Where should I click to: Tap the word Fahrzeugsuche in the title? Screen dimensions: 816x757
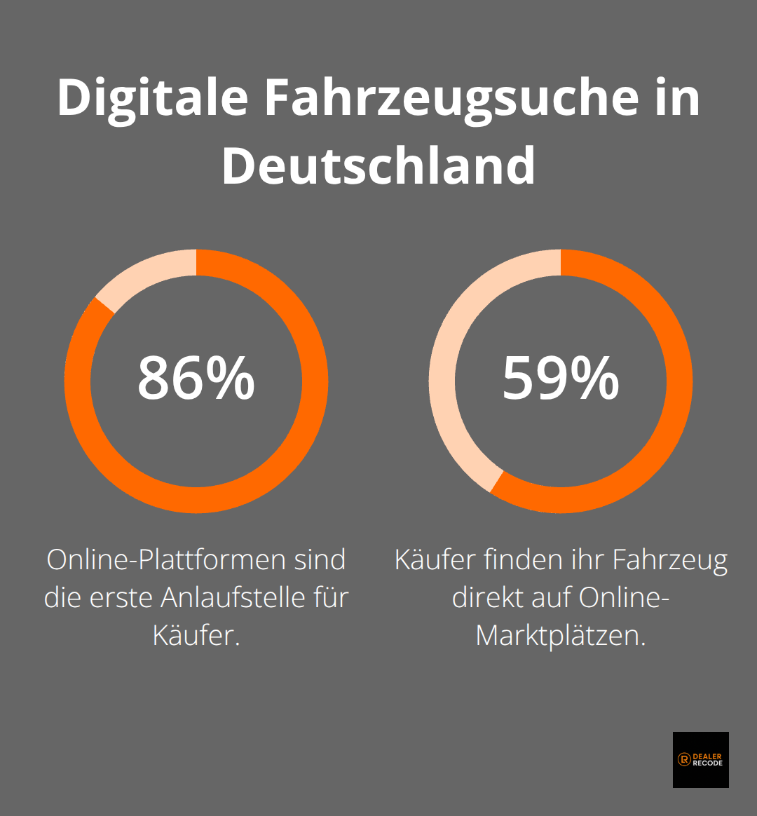pos(451,98)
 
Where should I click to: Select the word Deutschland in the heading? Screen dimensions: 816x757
pos(378,166)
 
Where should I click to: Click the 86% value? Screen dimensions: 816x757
pos(196,379)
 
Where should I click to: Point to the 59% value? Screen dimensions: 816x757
pos(561,379)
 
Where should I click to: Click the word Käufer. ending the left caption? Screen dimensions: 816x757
pos(196,636)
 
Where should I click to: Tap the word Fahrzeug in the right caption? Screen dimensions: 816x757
pos(670,560)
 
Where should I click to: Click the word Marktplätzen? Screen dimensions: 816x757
pos(561,636)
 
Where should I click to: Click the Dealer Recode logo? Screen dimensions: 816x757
pos(700,760)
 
